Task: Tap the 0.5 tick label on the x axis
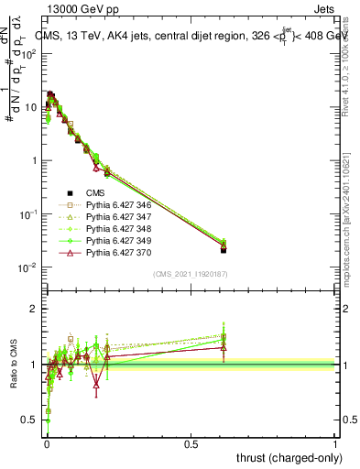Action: click(191, 445)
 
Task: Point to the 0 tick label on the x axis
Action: click(47, 445)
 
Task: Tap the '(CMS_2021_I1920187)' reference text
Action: click(190, 274)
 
